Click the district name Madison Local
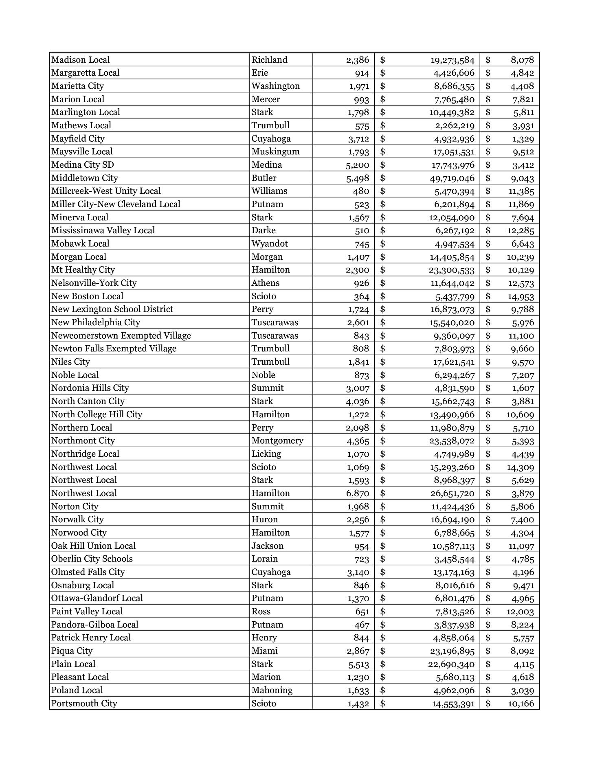[x=80, y=60]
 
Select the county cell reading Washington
[x=275, y=86]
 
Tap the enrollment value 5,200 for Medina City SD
[x=357, y=165]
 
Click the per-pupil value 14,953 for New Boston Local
[x=521, y=296]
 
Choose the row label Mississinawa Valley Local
[x=103, y=230]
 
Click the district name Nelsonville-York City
[x=94, y=283]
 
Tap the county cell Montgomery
[x=277, y=440]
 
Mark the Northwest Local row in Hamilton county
[x=84, y=493]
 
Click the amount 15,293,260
[x=452, y=467]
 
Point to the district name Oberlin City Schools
[x=92, y=559]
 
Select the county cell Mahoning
[x=272, y=690]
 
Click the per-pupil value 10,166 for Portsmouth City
[x=521, y=703]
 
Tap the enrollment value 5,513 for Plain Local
[x=358, y=664]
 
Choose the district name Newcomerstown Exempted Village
[x=121, y=335]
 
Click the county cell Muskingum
[x=275, y=151]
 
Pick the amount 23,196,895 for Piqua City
[x=452, y=651]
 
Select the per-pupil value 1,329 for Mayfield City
[x=523, y=138]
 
